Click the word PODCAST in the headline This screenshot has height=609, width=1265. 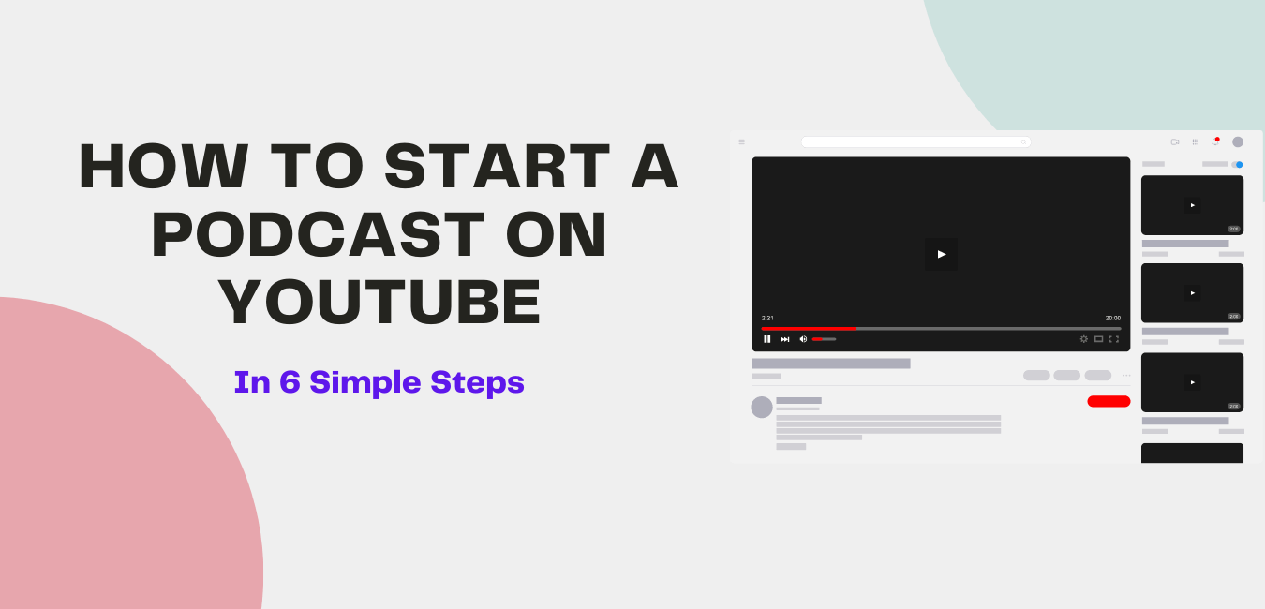(317, 234)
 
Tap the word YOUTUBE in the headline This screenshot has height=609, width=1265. (379, 302)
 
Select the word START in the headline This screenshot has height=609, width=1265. (497, 167)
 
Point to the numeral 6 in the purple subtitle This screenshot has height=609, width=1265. (289, 382)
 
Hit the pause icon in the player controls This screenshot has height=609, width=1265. (767, 339)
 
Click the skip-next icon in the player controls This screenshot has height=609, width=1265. (785, 339)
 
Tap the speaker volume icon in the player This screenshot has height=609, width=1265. (803, 339)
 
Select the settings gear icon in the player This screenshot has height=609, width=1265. (1084, 339)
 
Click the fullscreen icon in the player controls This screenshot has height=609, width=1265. (1114, 339)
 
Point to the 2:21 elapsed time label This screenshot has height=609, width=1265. (767, 318)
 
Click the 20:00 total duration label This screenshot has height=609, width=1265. (1112, 318)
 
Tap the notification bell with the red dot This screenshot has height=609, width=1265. (1215, 141)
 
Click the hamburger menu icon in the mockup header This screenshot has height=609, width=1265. (741, 142)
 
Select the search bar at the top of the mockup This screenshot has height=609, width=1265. (915, 142)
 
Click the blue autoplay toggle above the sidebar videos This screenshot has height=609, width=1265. (1238, 164)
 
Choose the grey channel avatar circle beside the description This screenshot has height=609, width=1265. (762, 408)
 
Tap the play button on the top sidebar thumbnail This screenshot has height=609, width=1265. (1192, 205)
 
